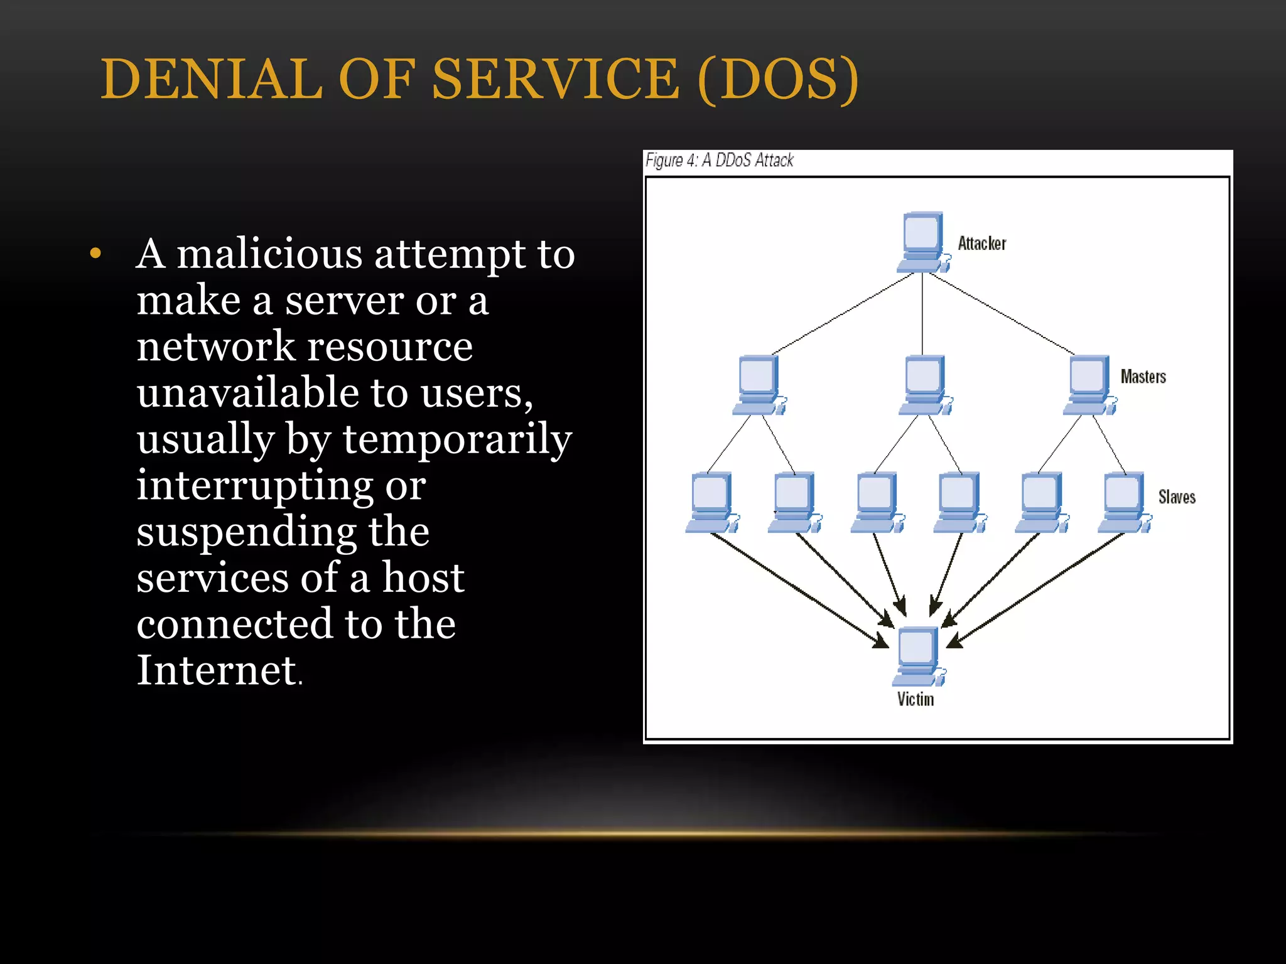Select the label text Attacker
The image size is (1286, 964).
pos(981,244)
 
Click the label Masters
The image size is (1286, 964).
pos(1143,377)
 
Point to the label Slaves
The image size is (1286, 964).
pos(1176,497)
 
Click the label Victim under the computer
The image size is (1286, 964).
pos(915,699)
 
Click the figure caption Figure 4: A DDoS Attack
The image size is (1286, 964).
pos(719,161)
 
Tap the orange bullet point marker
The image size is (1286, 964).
pos(95,254)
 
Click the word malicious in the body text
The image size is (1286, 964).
pos(269,254)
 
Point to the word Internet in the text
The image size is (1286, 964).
pos(217,670)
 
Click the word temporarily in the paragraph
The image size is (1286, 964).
pos(457,439)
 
